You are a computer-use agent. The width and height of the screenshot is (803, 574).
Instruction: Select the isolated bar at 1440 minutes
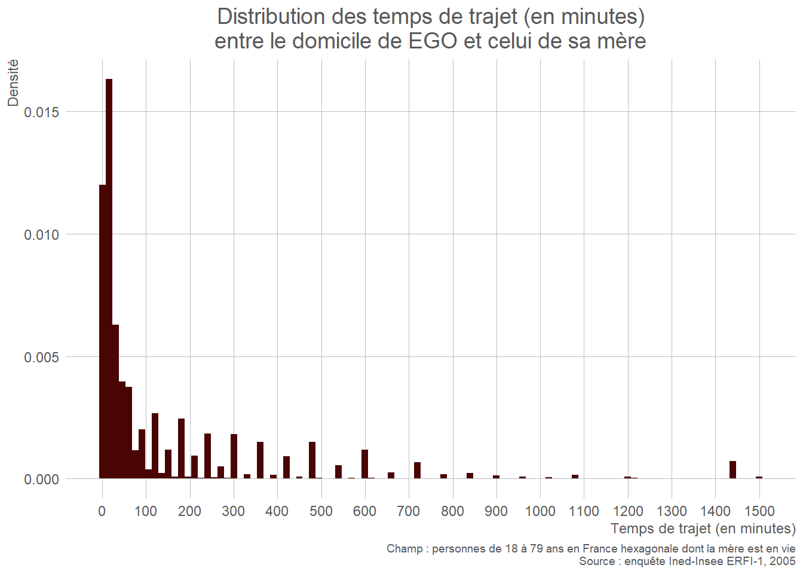[732, 470]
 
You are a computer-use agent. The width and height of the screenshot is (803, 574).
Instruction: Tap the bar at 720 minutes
[417, 471]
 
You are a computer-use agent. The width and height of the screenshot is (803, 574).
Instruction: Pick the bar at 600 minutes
[364, 464]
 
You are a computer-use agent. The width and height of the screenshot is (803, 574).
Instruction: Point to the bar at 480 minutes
[312, 460]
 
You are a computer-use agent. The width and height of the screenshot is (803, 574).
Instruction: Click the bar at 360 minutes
[260, 460]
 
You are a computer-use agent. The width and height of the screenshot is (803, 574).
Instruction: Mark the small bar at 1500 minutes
[759, 478]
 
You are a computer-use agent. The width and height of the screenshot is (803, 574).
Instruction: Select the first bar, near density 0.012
[102, 332]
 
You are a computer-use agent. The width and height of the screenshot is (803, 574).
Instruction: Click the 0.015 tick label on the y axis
[42, 112]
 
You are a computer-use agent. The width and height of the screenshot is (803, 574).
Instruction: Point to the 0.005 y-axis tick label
[42, 358]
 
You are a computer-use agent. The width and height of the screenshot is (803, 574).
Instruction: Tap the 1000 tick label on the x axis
[540, 511]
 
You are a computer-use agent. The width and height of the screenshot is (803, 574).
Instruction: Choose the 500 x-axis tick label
[321, 511]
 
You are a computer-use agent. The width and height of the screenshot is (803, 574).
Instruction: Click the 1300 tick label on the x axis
[672, 511]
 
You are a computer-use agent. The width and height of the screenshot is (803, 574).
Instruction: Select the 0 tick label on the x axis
[102, 511]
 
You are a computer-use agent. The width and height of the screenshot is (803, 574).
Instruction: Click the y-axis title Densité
[13, 83]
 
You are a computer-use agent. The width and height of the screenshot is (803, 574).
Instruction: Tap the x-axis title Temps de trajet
[703, 529]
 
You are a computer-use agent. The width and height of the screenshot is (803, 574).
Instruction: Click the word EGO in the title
[433, 41]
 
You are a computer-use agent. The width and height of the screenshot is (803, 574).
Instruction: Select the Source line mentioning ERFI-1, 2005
[687, 561]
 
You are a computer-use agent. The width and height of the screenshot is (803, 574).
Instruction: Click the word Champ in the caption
[404, 549]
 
